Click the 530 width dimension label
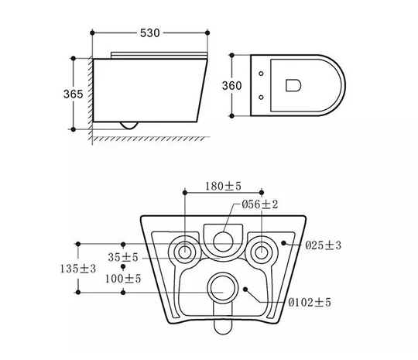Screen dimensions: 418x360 click(150, 33)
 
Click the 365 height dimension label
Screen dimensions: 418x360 click(73, 94)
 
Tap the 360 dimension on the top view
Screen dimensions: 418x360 click(231, 86)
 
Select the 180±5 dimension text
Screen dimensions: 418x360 click(223, 186)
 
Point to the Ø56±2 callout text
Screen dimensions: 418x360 click(259, 204)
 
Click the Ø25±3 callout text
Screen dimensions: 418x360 click(323, 245)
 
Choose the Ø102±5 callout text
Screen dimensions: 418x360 click(310, 303)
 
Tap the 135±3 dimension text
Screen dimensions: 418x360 click(78, 269)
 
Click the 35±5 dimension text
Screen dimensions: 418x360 click(123, 257)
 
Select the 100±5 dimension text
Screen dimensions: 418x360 click(123, 279)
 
